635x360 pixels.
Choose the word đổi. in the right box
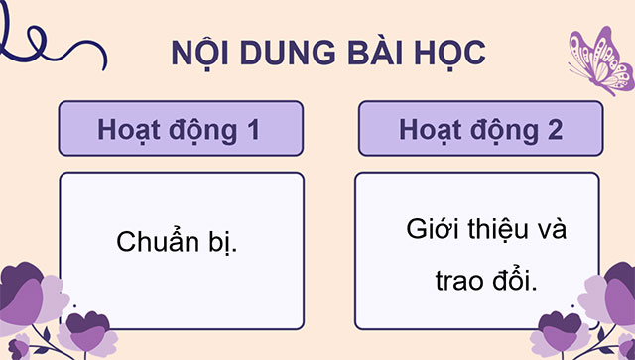coord(513,281)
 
